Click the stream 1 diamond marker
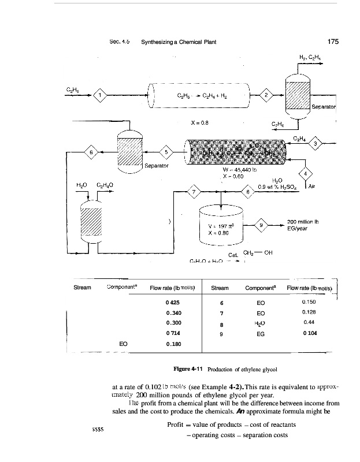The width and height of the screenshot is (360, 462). pyautogui.click(x=101, y=95)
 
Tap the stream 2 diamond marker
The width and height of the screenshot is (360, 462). pyautogui.click(x=267, y=95)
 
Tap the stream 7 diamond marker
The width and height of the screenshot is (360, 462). pyautogui.click(x=195, y=191)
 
